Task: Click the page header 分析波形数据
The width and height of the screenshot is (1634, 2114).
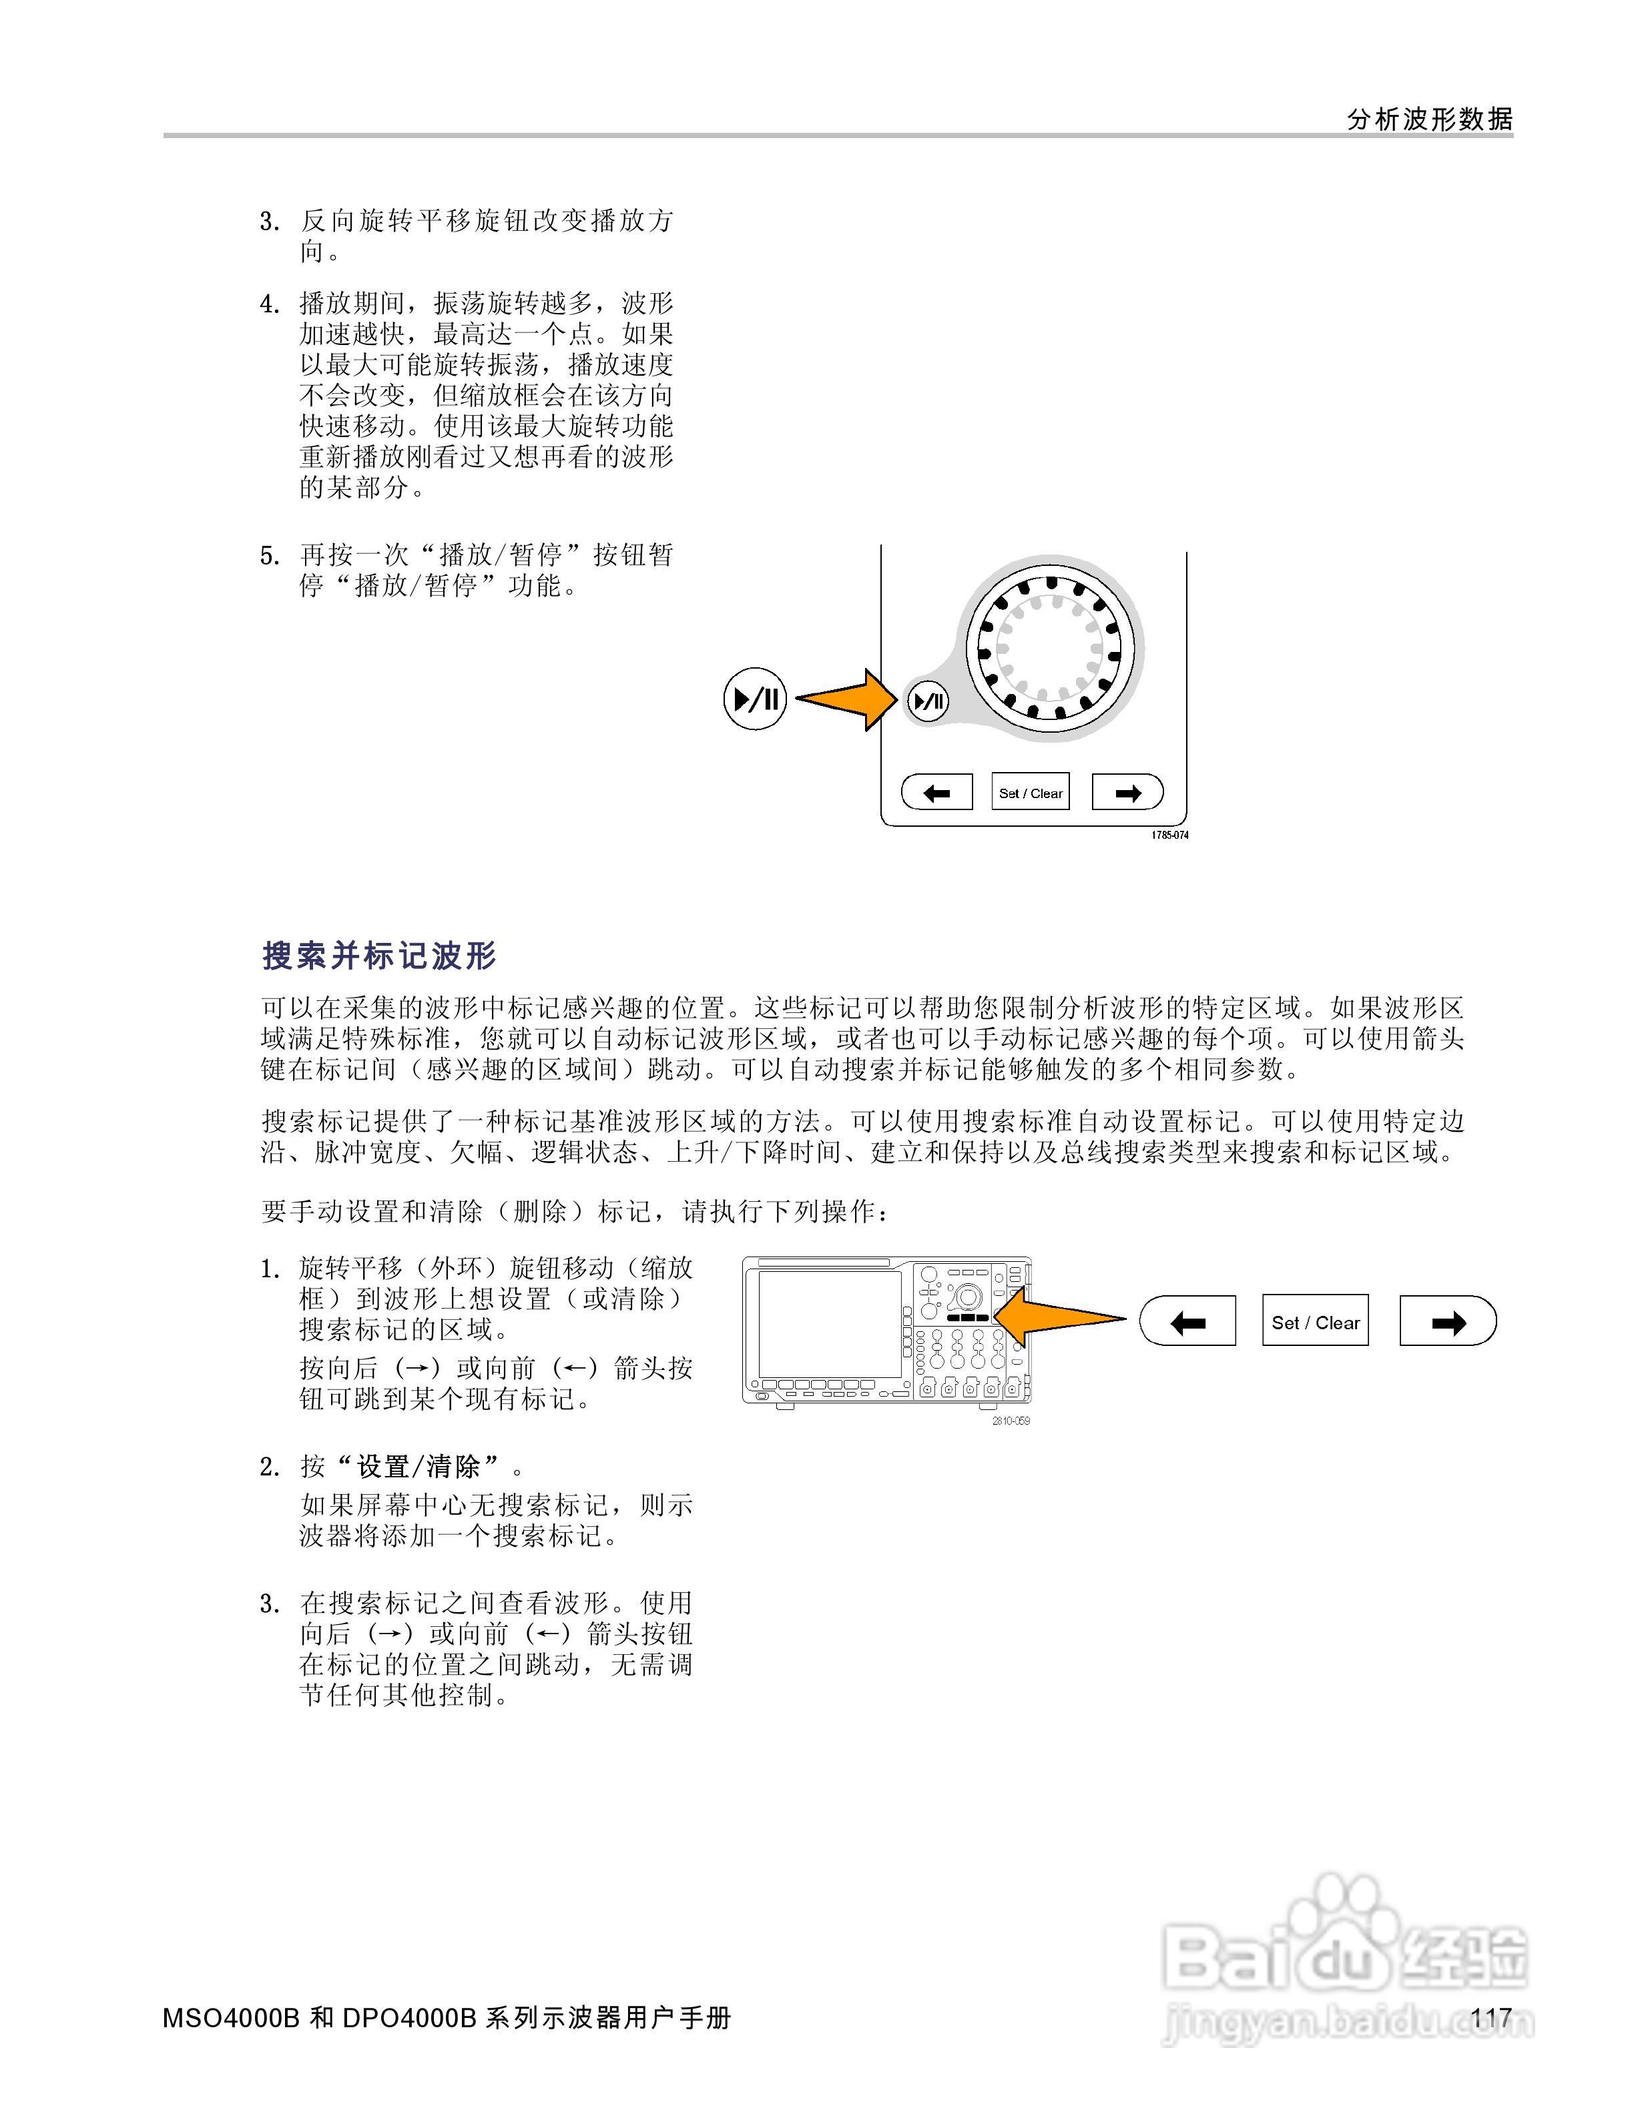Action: tap(1429, 119)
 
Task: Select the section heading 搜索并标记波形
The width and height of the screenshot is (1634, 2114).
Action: tap(379, 956)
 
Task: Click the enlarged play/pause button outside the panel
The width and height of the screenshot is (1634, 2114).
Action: tap(755, 699)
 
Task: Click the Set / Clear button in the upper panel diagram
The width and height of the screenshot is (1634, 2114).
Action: tap(1030, 793)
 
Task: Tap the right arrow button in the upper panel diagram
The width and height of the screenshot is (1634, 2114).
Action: tap(1127, 793)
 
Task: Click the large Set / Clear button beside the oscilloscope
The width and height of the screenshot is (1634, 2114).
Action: tap(1314, 1322)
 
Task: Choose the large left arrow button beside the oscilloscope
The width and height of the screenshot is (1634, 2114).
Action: tap(1187, 1322)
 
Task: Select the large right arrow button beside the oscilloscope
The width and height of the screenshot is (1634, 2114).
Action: tap(1447, 1322)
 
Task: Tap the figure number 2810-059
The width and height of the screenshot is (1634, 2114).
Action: tap(1011, 1420)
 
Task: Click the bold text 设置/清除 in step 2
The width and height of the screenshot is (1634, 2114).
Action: tap(419, 1467)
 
